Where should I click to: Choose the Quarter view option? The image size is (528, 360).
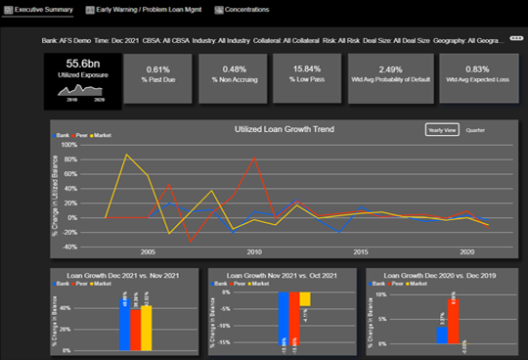tap(476, 129)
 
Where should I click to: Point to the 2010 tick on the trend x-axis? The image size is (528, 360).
tap(254, 251)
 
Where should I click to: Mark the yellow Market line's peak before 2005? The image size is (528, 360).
tap(126, 155)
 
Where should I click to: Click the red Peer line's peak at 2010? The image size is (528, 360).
tap(255, 158)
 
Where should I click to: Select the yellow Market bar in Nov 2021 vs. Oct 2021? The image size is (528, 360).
tap(305, 300)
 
